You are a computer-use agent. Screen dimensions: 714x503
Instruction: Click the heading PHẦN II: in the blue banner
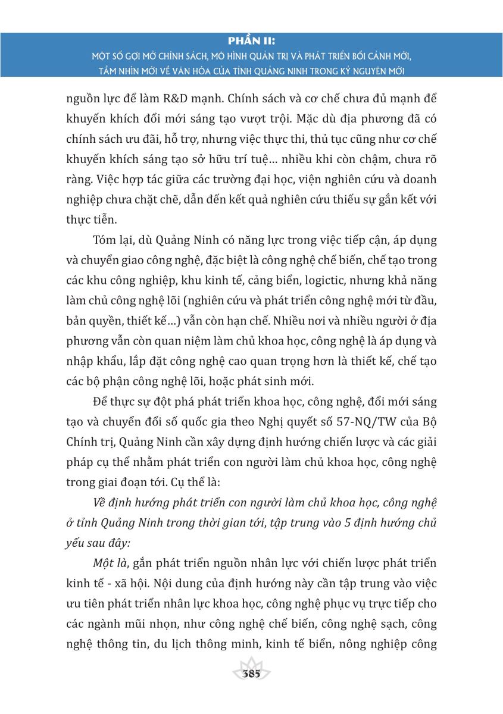coord(251,40)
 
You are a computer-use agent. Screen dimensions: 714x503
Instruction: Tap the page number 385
coord(252,675)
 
